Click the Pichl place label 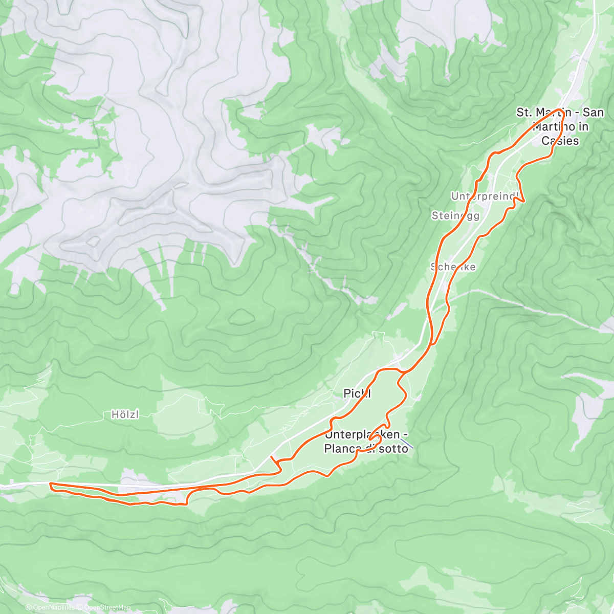pyautogui.click(x=357, y=393)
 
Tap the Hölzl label pyautogui.click(x=125, y=414)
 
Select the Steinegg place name pyautogui.click(x=455, y=216)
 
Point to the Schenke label pyautogui.click(x=453, y=267)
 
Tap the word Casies pyautogui.click(x=560, y=141)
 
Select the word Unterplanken pyautogui.click(x=362, y=435)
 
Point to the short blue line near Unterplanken pyautogui.click(x=407, y=443)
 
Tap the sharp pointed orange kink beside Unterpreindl pyautogui.click(x=523, y=201)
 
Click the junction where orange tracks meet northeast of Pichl pyautogui.click(x=401, y=371)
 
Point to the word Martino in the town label pyautogui.click(x=553, y=126)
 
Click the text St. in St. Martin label pyautogui.click(x=523, y=113)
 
